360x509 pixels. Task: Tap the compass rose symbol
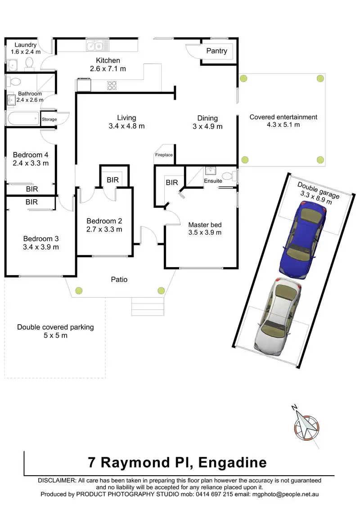pos(306,425)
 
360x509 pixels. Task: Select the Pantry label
pos(216,51)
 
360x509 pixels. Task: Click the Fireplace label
pos(164,155)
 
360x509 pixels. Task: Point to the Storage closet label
pos(49,119)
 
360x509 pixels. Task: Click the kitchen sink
pos(96,45)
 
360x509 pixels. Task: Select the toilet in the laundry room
pos(30,62)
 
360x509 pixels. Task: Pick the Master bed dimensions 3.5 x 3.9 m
pos(205,232)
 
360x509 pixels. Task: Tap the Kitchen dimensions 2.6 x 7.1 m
pos(108,69)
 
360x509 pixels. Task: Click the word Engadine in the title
pos(232,462)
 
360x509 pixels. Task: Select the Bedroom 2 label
pos(104,221)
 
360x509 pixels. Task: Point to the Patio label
pos(119,279)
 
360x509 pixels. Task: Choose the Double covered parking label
pos(55,327)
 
